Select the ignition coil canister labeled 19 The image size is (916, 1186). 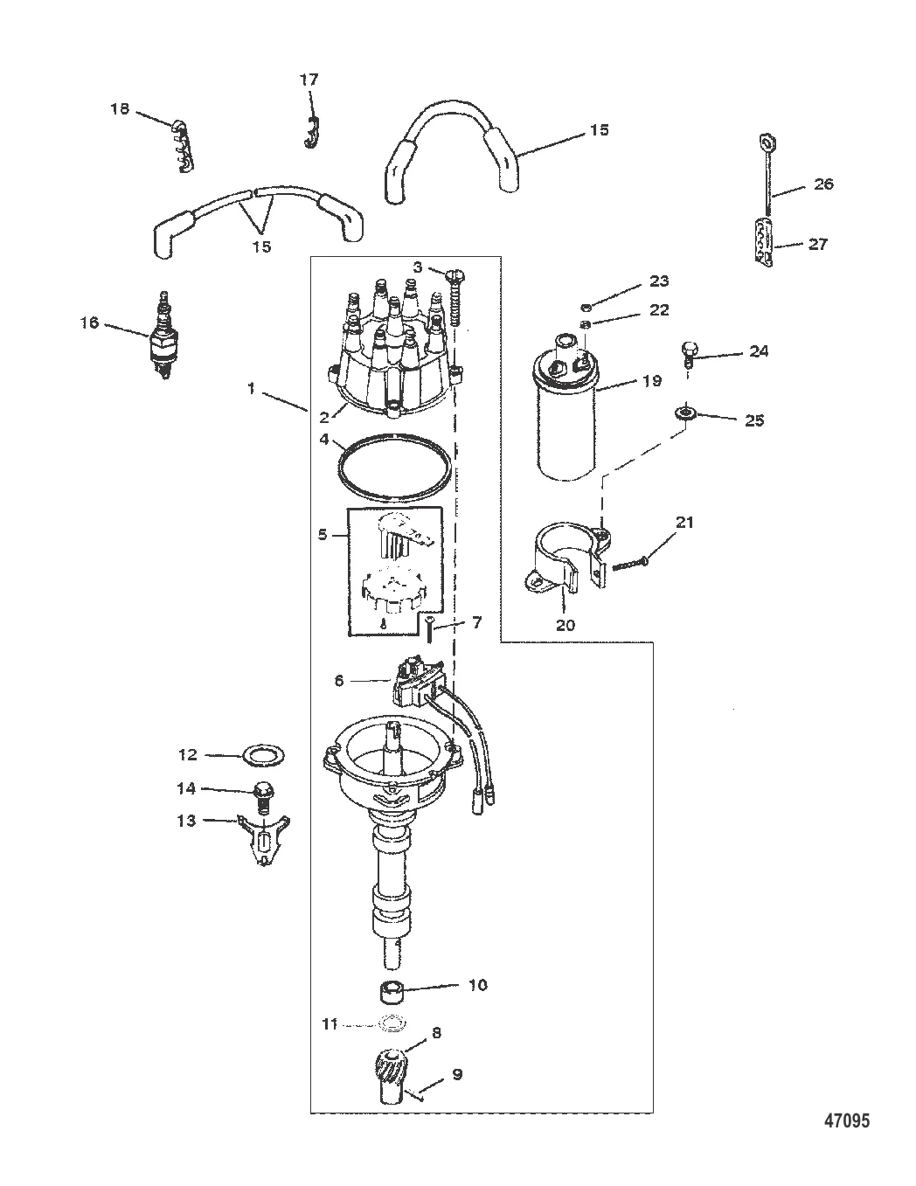click(x=565, y=408)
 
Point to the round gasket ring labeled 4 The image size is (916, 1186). click(x=394, y=467)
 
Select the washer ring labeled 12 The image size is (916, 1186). click(x=263, y=757)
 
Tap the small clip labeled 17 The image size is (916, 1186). click(x=310, y=133)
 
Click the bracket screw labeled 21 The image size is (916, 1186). click(x=631, y=563)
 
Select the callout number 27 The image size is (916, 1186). click(x=818, y=244)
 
